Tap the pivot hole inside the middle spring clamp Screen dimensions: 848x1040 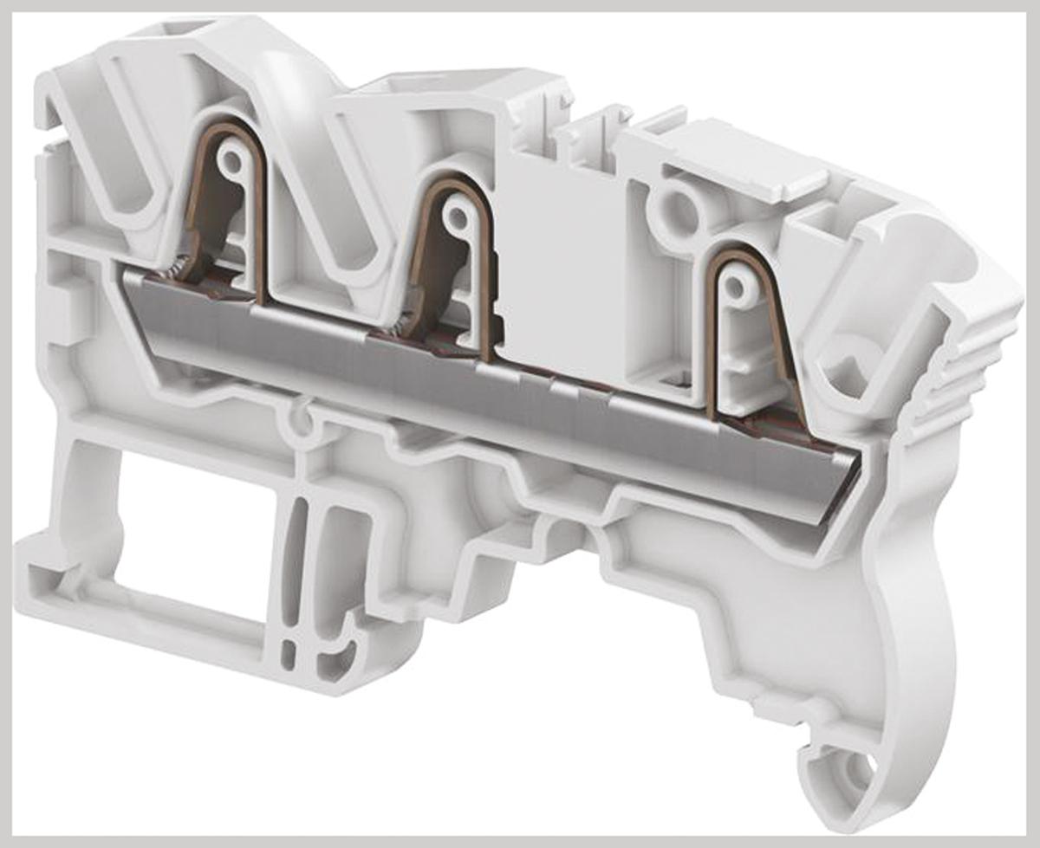[x=454, y=210]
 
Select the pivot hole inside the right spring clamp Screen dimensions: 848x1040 [x=736, y=287]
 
